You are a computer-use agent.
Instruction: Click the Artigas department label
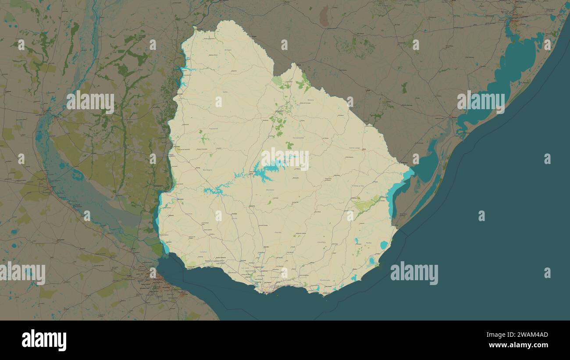pos(228,50)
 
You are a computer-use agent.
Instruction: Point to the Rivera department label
pos(310,100)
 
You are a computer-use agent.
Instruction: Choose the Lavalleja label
pos(321,242)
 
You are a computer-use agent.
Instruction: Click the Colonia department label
pos(203,252)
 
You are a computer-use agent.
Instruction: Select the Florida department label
pos(278,232)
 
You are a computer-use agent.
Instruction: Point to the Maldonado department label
pos(325,280)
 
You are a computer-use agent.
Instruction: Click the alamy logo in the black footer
pos(44,340)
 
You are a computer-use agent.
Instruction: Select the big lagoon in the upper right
pos(517,66)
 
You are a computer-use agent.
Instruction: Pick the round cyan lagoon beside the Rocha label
pos(384,245)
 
